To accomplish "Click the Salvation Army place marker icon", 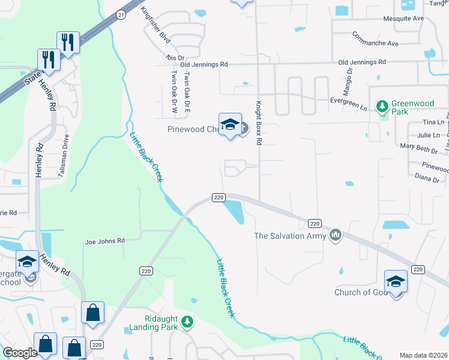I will (x=336, y=235).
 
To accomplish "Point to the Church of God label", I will (x=361, y=292).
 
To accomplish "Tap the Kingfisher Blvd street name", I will (x=155, y=26).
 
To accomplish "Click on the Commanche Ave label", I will (x=376, y=43).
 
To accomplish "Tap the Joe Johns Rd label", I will (x=104, y=241).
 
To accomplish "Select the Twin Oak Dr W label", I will (x=173, y=93).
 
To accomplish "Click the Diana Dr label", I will (x=427, y=178).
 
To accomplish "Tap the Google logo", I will (x=20, y=353).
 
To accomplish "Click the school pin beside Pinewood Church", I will (x=230, y=125).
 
